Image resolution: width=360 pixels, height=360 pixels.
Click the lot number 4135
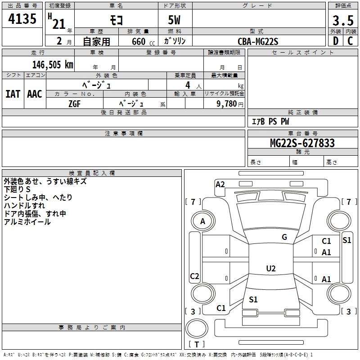tap(22, 18)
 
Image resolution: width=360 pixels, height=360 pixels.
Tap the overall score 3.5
tap(343, 20)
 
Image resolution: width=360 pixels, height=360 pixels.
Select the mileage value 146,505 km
tap(53, 65)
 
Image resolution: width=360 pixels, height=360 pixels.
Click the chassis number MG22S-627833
tap(302, 143)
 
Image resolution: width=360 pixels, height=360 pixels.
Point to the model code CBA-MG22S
tap(258, 41)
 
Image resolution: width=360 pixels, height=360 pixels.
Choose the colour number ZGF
tap(74, 104)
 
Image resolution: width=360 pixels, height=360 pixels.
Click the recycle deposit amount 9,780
tap(227, 103)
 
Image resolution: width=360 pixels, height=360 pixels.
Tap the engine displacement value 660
tap(139, 41)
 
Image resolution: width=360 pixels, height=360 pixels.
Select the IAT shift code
tap(13, 94)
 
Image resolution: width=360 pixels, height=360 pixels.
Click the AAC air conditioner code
tap(35, 94)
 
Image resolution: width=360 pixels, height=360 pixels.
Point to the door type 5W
tap(174, 20)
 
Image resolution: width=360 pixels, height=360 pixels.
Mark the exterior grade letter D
tap(336, 41)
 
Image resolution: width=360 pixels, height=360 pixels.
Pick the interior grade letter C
tap(350, 41)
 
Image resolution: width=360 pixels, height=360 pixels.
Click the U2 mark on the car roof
tap(271, 268)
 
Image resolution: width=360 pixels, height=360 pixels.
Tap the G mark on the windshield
tap(284, 237)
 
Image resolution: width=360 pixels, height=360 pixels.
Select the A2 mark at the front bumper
tap(220, 184)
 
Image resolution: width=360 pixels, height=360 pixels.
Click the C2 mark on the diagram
tap(194, 276)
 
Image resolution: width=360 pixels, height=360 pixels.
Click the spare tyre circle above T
tap(197, 328)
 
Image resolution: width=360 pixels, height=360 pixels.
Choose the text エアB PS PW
tap(270, 121)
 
